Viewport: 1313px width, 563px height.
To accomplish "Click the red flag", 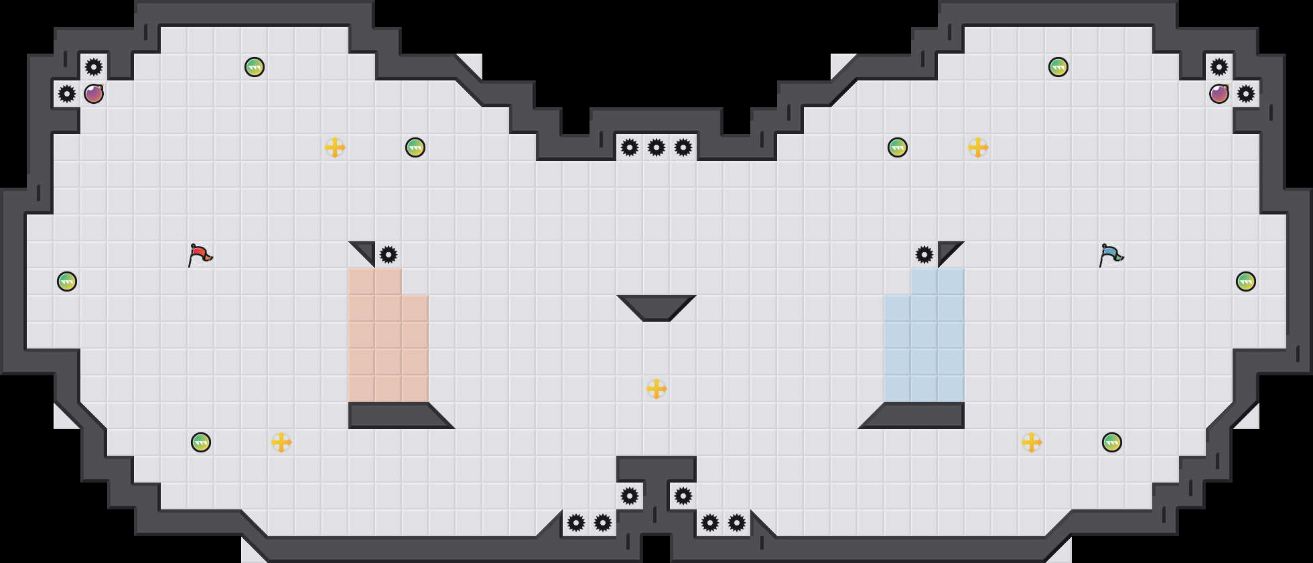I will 200,255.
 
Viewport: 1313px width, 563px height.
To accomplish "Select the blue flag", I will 1111,255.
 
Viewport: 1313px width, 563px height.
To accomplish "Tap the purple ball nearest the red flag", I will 94,94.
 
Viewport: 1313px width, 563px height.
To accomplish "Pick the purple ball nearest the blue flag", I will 1219,94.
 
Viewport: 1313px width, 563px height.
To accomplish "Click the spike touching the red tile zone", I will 389,255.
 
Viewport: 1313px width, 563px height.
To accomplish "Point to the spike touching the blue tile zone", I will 924,255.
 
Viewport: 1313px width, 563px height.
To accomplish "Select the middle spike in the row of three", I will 656,147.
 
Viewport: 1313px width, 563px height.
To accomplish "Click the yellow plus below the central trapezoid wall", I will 656,389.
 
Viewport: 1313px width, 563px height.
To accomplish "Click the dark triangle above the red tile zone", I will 366,251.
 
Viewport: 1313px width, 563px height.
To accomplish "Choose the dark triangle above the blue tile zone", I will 947,251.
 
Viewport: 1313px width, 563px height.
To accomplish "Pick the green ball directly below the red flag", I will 201,442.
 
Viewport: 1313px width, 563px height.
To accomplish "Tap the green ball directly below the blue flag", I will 1112,442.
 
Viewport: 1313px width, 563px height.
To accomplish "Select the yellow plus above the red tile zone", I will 335,147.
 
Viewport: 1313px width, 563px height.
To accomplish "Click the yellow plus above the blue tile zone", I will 978,147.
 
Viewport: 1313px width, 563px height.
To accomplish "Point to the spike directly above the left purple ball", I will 94,67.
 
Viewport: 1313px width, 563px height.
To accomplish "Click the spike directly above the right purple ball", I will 1219,67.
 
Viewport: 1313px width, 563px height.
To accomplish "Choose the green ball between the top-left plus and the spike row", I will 415,147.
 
